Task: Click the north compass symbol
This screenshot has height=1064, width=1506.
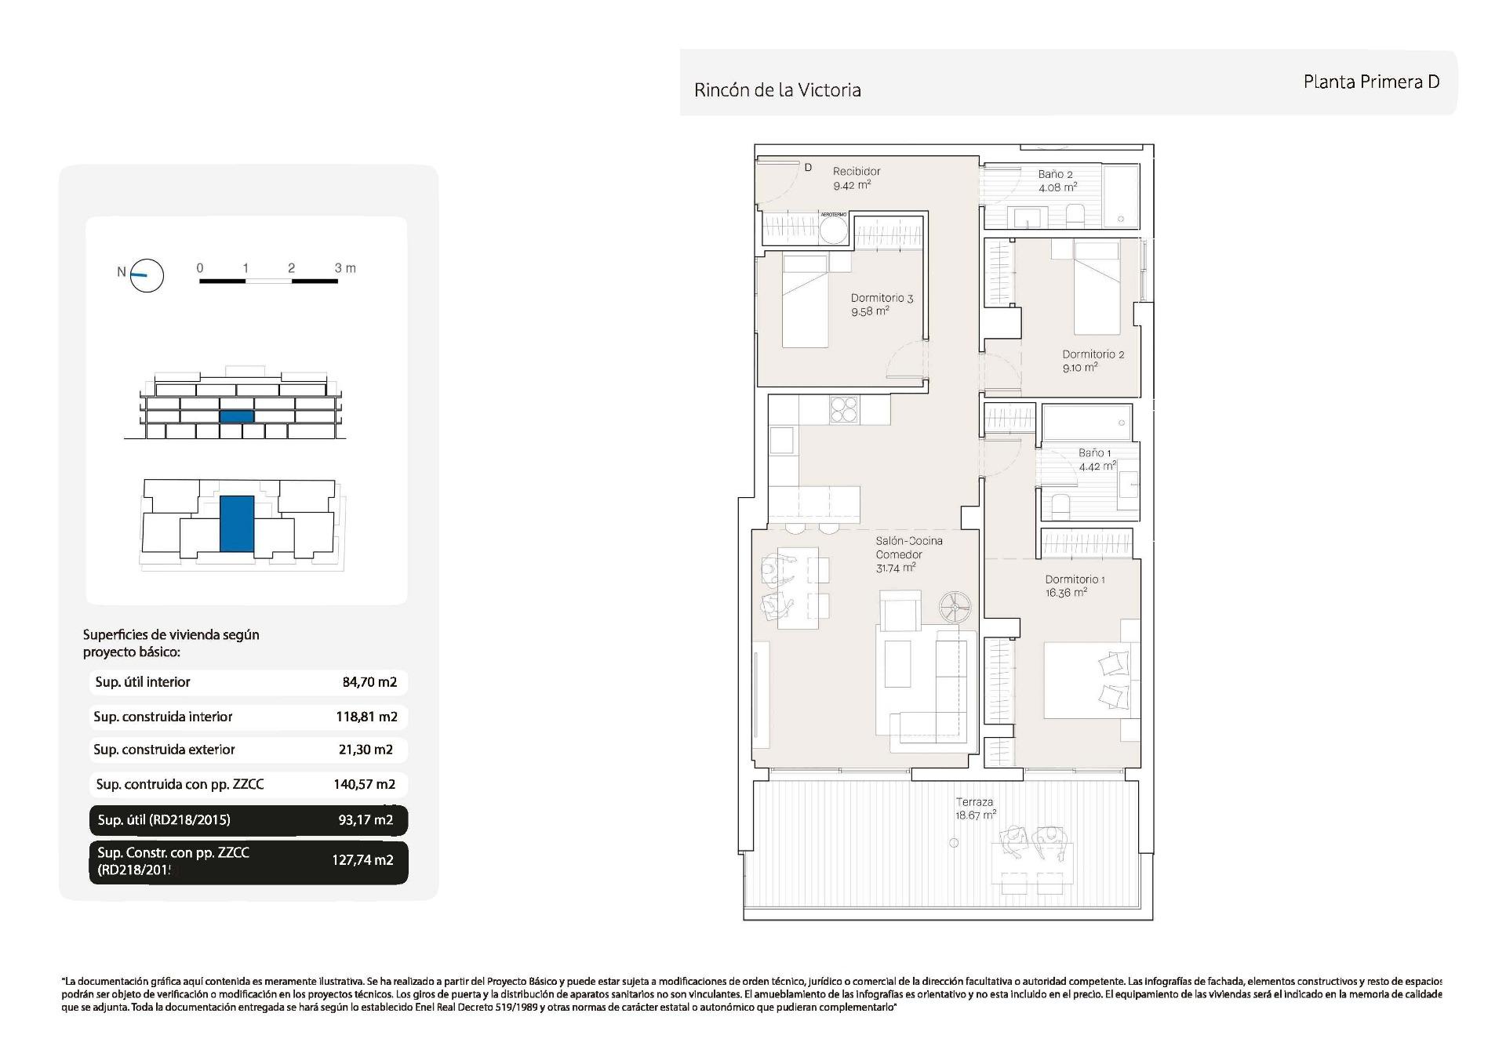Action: tap(146, 275)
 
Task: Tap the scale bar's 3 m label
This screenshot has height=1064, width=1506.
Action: tap(345, 268)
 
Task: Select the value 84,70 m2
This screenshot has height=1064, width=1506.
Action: tap(369, 682)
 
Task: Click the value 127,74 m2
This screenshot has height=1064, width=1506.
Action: tap(362, 860)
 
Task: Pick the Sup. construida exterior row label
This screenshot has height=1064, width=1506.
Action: tap(164, 750)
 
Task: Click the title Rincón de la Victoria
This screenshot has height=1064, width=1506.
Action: tap(777, 90)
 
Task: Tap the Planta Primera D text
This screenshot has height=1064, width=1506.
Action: tap(1370, 82)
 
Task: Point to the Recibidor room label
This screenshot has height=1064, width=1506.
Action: tap(857, 171)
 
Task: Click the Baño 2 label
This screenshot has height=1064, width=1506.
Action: tap(1055, 174)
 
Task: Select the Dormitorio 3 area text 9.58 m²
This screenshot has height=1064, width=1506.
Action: tap(870, 311)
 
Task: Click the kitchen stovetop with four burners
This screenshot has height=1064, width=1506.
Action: tap(844, 410)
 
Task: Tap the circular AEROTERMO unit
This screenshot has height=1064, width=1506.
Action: tap(833, 231)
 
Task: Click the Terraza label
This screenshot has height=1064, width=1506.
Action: tap(974, 802)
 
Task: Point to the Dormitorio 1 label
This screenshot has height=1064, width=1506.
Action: tap(1075, 579)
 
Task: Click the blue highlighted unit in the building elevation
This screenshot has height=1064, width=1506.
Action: tap(237, 416)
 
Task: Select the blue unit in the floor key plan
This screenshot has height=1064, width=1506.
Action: tap(237, 523)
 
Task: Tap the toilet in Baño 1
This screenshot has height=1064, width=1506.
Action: tap(1059, 506)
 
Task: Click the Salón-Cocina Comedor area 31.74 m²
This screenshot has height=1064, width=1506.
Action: tap(896, 568)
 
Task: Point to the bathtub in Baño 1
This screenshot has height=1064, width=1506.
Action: tap(1087, 423)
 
